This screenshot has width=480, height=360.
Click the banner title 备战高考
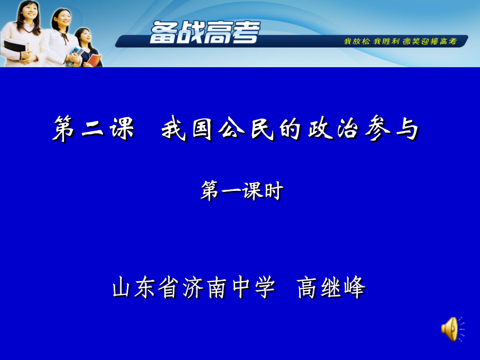pyautogui.click(x=205, y=32)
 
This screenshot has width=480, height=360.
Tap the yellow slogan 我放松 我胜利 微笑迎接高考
pyautogui.click(x=401, y=41)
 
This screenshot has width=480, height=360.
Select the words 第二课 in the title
pyautogui.click(x=94, y=129)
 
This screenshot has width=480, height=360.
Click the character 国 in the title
pyautogui.click(x=203, y=129)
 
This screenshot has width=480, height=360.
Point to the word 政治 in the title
pyautogui.click(x=333, y=129)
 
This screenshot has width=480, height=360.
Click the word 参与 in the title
pyautogui.click(x=392, y=129)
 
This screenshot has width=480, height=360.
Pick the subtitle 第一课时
pyautogui.click(x=242, y=190)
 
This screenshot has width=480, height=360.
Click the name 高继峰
pyautogui.click(x=331, y=287)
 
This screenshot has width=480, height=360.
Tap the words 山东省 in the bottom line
pyautogui.click(x=146, y=287)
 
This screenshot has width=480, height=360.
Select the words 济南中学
pyautogui.click(x=229, y=287)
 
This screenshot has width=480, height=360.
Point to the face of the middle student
pyautogui.click(x=63, y=19)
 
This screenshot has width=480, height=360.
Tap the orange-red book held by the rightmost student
pyautogui.click(x=94, y=60)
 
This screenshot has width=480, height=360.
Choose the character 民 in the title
pyautogui.click(x=262, y=129)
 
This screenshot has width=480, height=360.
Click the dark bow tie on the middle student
pyautogui.click(x=65, y=37)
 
